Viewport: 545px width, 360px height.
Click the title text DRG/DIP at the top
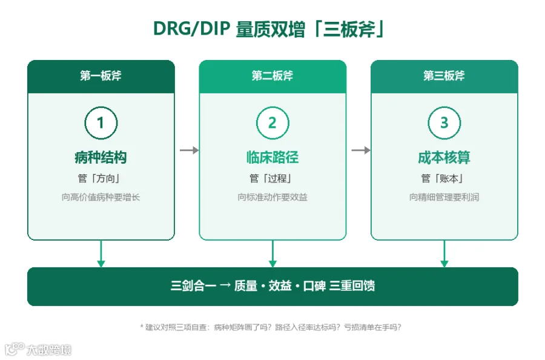click(191, 28)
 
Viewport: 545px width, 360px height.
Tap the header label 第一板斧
click(101, 76)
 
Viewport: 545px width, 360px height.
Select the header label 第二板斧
click(272, 76)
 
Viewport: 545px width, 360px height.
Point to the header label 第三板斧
click(444, 76)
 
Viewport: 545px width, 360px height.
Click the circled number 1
click(101, 123)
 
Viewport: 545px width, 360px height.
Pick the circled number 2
click(272, 123)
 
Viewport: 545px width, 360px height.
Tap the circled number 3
click(444, 123)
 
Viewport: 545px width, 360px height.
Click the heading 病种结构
click(101, 158)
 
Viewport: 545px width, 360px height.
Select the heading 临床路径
click(272, 158)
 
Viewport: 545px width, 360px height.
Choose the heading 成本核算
click(444, 158)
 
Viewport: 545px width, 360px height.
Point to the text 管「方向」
click(99, 178)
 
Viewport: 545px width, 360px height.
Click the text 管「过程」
click(271, 178)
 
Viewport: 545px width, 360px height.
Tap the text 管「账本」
click(443, 178)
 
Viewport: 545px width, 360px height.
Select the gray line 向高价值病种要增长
click(101, 197)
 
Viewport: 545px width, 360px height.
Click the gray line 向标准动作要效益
click(272, 197)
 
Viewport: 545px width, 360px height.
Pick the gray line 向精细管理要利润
click(444, 197)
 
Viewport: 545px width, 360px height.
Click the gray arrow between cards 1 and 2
click(190, 150)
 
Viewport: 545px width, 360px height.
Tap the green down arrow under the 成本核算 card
click(444, 254)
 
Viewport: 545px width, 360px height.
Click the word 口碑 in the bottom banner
click(314, 286)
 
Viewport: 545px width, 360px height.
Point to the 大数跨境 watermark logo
click(38, 349)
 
